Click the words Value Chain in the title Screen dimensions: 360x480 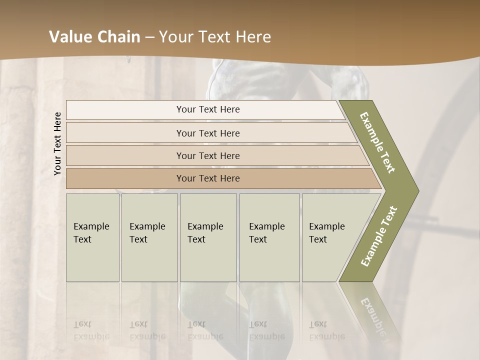point(94,37)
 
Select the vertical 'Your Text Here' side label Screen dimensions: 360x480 point(57,143)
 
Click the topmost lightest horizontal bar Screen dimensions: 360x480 point(207,109)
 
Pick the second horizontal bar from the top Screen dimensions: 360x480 point(207,133)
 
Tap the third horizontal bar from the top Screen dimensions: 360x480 point(207,155)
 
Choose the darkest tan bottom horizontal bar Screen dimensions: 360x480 point(207,178)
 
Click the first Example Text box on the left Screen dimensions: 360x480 point(92,237)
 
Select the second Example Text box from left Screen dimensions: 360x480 point(149,237)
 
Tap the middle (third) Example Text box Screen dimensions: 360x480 point(208,237)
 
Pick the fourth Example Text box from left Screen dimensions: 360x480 point(269,237)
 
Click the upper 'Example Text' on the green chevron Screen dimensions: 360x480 point(378,142)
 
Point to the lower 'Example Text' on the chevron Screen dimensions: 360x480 point(378,236)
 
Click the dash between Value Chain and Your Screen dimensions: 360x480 point(149,37)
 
